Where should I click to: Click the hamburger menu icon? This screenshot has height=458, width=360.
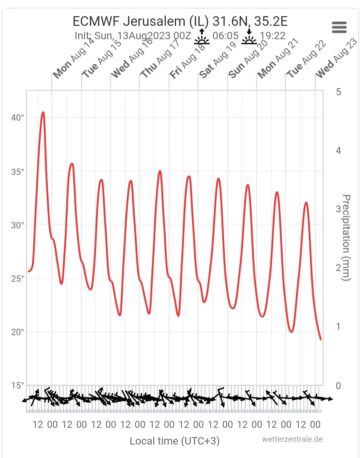click(x=339, y=27)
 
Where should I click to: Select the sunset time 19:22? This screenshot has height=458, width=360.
click(x=272, y=36)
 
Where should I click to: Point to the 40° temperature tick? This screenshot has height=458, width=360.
click(x=17, y=118)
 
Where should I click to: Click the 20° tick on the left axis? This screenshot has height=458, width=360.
click(x=17, y=332)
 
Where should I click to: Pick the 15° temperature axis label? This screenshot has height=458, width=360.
click(x=17, y=386)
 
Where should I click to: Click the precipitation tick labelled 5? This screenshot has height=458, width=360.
click(x=338, y=92)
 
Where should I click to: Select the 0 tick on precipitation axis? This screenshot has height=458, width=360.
click(x=338, y=386)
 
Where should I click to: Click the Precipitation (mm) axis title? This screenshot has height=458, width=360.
click(x=346, y=238)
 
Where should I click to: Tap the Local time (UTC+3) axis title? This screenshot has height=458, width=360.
click(x=175, y=441)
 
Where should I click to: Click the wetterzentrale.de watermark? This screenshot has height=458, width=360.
click(x=292, y=439)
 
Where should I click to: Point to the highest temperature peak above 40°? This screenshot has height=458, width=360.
click(x=43, y=113)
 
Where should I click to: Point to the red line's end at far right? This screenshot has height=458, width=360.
click(x=321, y=339)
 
